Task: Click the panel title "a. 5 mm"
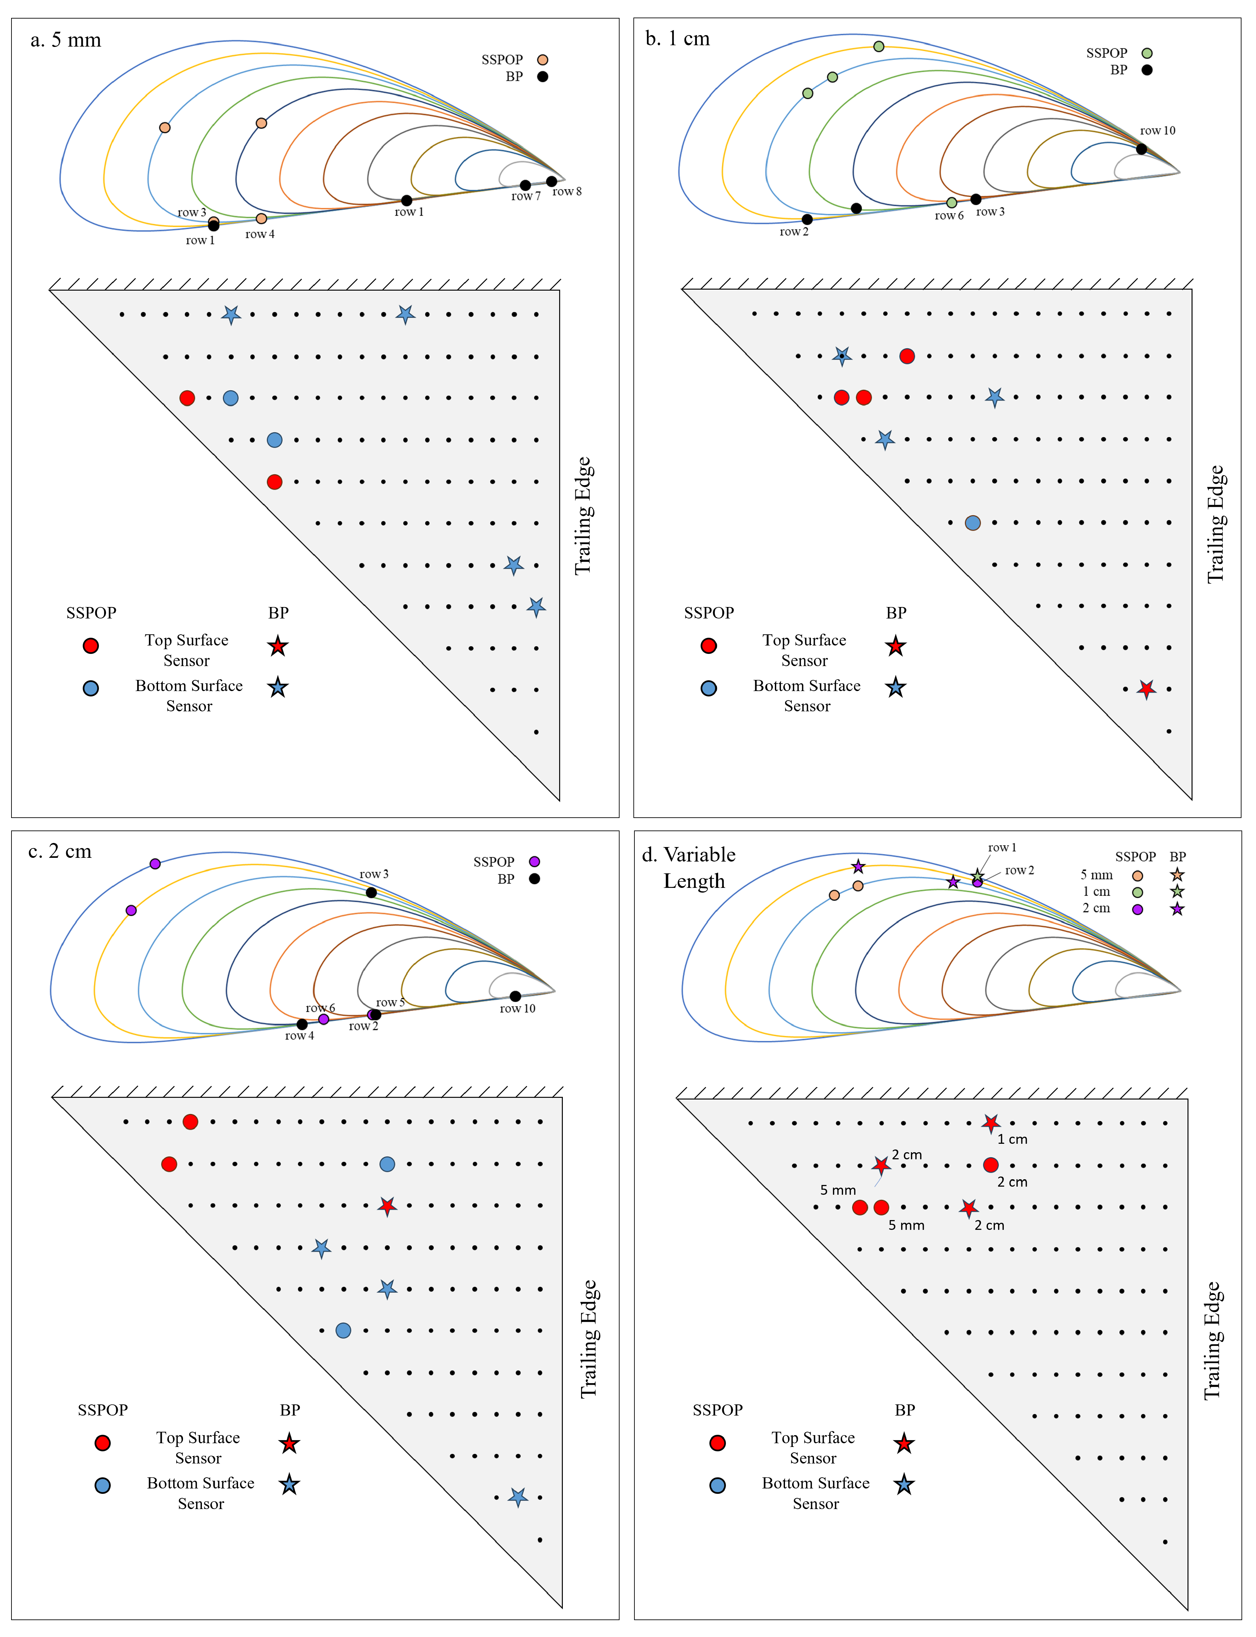point(66,39)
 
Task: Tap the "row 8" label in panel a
point(567,191)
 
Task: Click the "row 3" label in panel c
point(374,874)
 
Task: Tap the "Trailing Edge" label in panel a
point(583,516)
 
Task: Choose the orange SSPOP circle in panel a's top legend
point(543,60)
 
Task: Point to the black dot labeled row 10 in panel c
point(515,996)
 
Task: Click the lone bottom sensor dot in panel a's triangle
point(536,732)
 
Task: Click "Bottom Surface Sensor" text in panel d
point(816,1493)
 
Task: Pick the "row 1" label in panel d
point(1002,848)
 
